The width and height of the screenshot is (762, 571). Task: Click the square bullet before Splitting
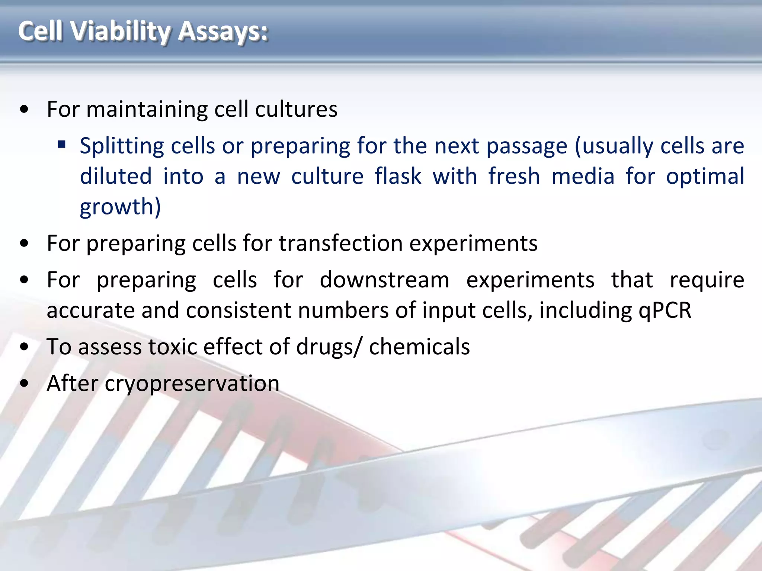62,144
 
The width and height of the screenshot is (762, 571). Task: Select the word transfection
340,243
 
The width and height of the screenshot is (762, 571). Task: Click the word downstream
384,280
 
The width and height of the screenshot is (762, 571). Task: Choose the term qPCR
665,310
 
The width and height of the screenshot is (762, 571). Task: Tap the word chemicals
419,347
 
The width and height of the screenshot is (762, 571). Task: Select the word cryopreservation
192,384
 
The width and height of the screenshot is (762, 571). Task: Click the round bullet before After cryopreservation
25,384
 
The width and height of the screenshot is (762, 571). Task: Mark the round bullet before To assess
25,347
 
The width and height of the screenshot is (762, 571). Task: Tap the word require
707,280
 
